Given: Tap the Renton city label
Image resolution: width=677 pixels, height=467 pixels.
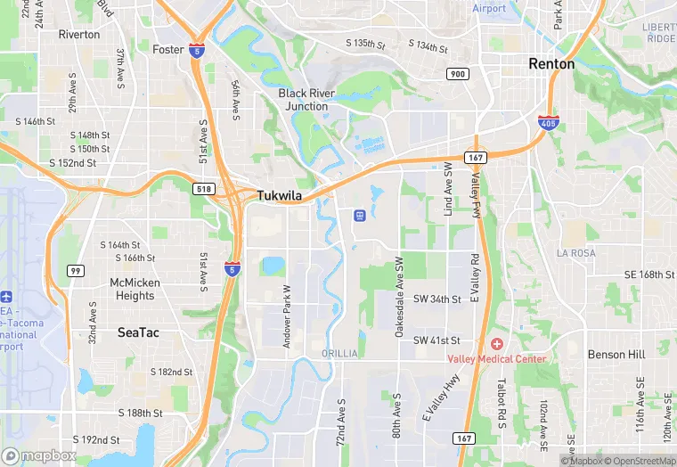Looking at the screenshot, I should [x=551, y=64].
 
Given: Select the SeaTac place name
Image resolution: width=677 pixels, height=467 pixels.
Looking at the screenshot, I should [x=139, y=332].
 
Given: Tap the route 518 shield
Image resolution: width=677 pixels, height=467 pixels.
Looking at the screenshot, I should [x=202, y=189].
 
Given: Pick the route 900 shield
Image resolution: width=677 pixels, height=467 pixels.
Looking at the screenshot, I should [x=458, y=74].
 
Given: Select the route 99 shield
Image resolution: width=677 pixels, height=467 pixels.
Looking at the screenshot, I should [x=76, y=270].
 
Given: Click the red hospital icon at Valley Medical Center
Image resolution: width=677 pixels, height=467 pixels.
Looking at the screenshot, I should [x=496, y=344].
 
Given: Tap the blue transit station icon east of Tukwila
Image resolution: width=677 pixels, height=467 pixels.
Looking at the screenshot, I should [x=359, y=215].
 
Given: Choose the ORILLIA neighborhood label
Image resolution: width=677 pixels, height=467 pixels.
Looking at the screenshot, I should [x=338, y=354].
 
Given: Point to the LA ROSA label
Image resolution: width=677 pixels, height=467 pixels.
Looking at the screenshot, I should [x=575, y=253].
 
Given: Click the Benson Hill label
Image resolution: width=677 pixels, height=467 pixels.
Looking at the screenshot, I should [x=616, y=354].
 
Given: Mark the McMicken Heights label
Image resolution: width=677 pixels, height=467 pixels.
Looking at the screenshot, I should [x=135, y=289].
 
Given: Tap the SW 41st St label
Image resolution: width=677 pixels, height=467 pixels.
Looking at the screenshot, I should [x=436, y=340].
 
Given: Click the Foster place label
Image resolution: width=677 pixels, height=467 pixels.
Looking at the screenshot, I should [x=167, y=49].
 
